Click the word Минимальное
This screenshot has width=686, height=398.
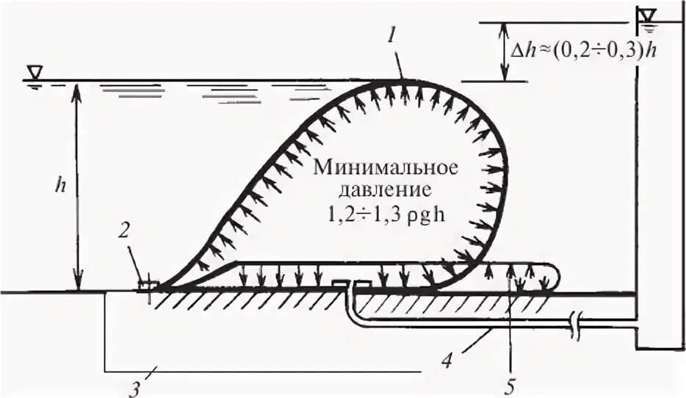pos(386,167)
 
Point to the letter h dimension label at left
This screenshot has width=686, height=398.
pos(64,184)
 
